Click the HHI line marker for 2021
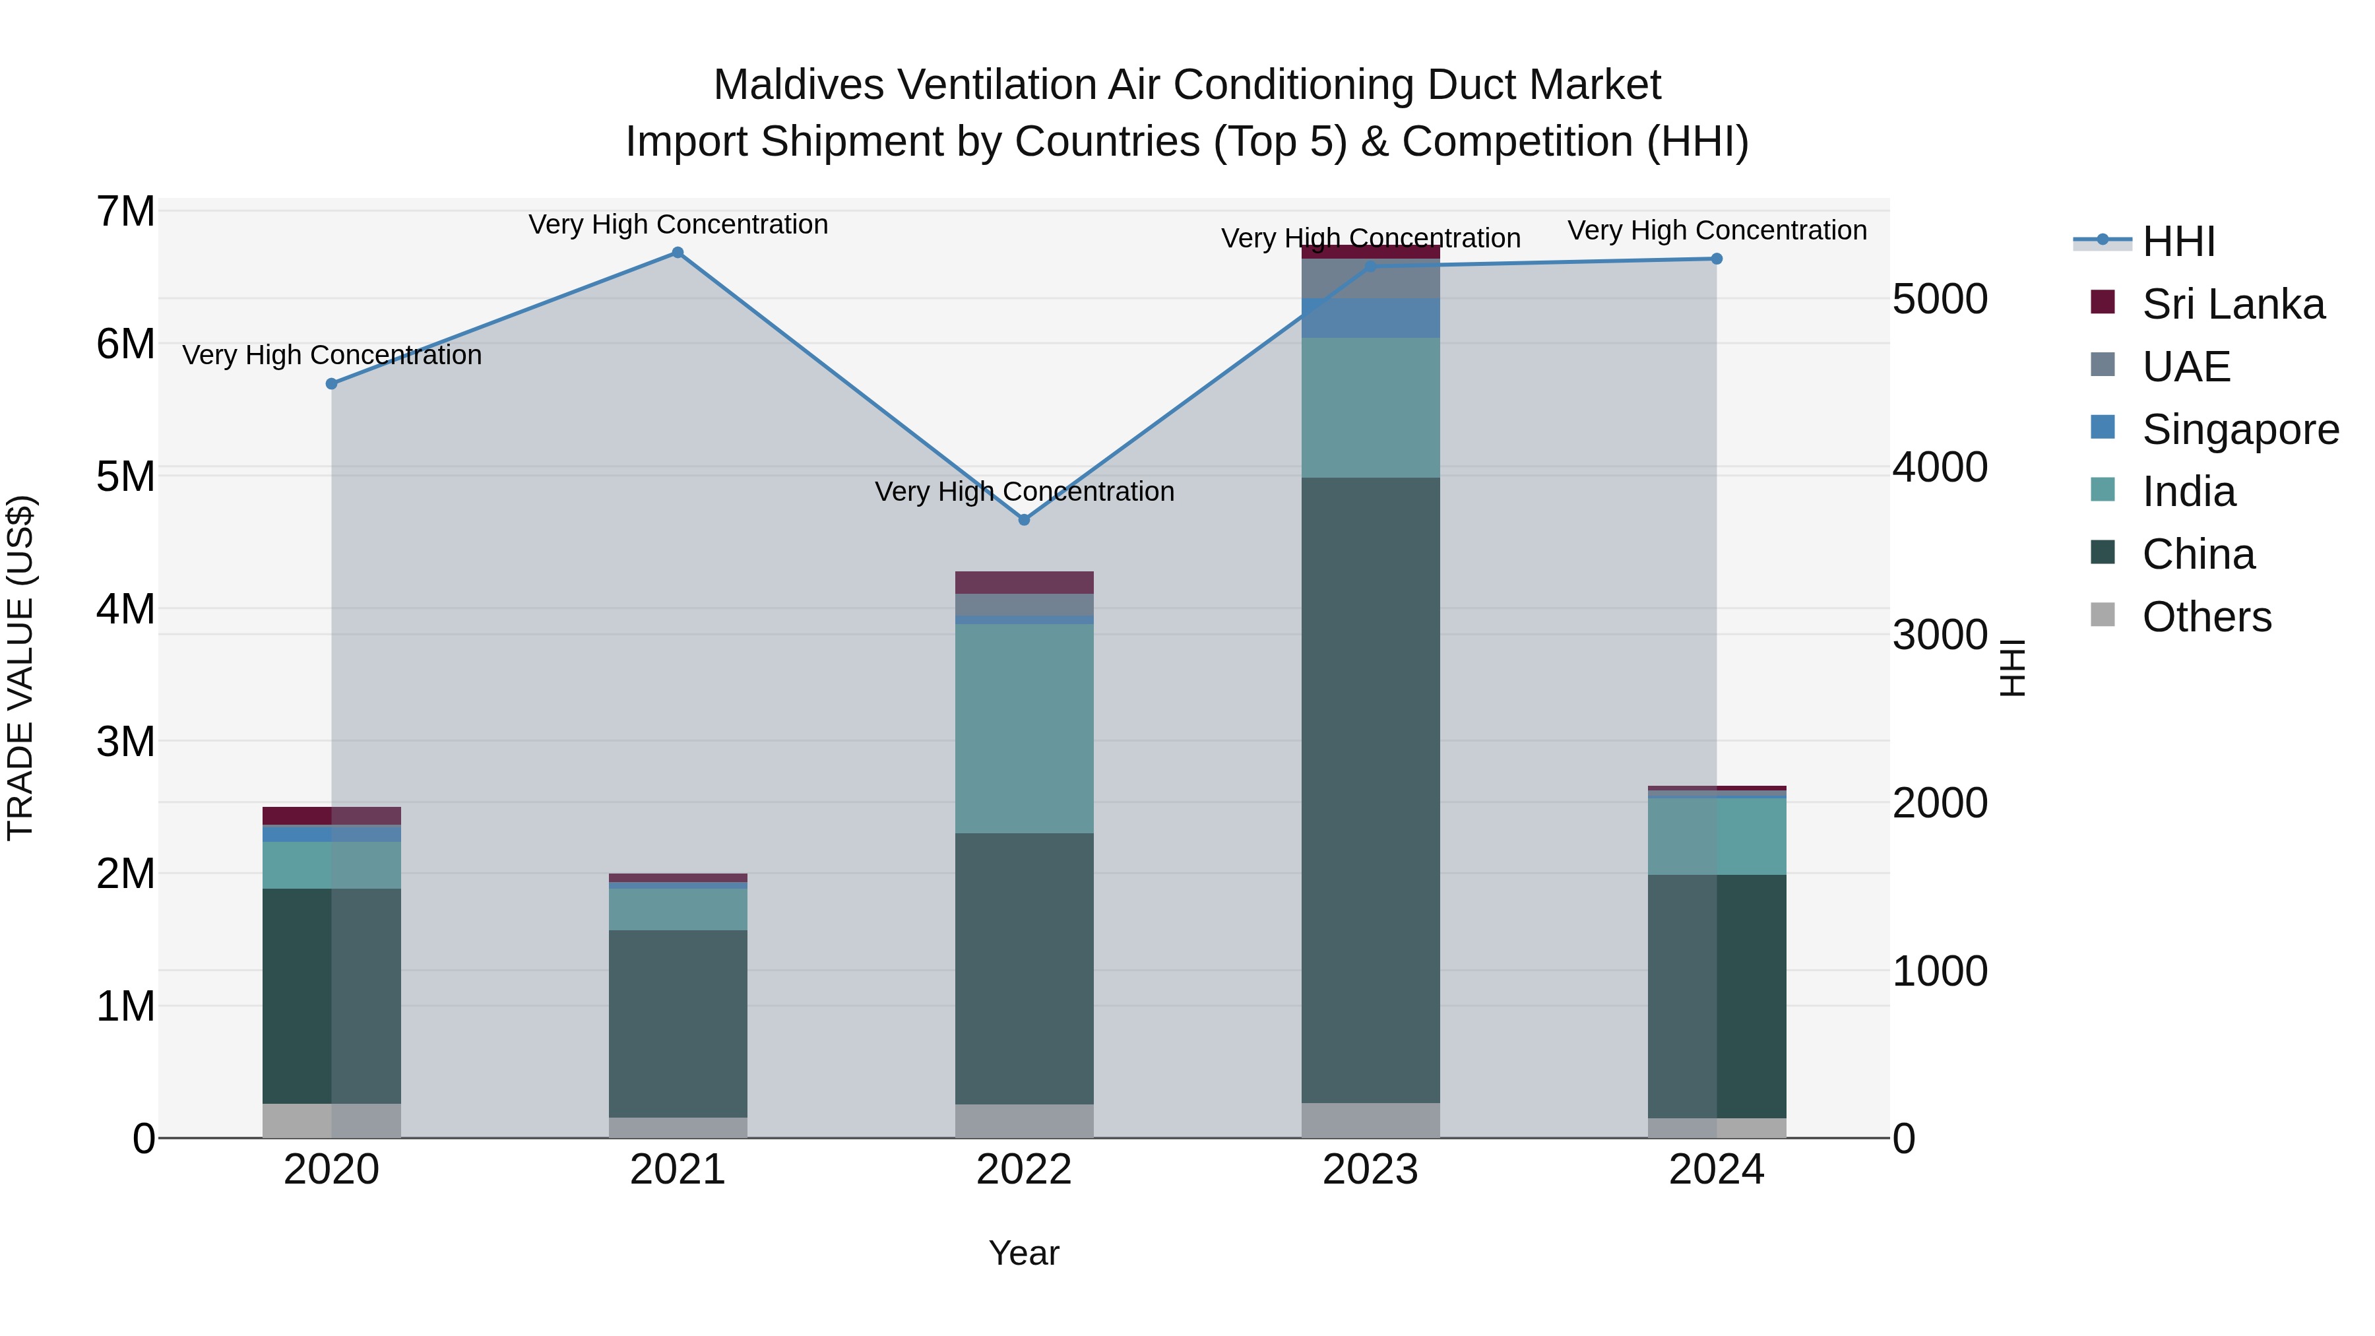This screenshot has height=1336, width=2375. click(x=678, y=253)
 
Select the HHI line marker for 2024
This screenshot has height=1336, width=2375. click(x=1716, y=259)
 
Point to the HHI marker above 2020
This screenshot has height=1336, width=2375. click(x=332, y=383)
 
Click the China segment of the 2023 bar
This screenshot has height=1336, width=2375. click(x=1370, y=789)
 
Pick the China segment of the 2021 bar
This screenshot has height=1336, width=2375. click(x=678, y=1023)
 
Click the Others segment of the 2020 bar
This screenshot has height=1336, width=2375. click(x=332, y=1120)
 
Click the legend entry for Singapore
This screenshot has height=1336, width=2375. click(x=2240, y=429)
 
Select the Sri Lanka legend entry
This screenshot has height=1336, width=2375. click(x=2233, y=304)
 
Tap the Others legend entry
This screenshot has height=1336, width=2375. click(x=2206, y=617)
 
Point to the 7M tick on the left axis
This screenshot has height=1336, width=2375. click(x=125, y=212)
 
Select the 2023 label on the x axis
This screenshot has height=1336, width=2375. click(x=1370, y=1170)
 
